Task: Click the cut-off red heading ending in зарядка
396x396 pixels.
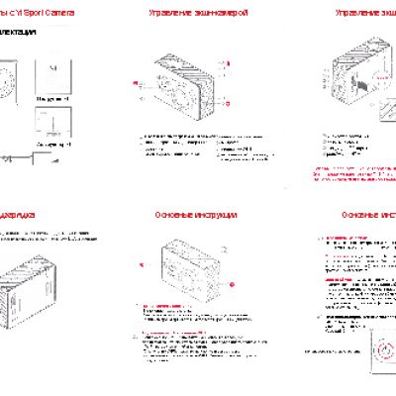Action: click(x=18, y=213)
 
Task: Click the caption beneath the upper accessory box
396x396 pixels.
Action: click(x=51, y=100)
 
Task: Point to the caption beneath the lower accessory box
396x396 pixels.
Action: click(x=51, y=145)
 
